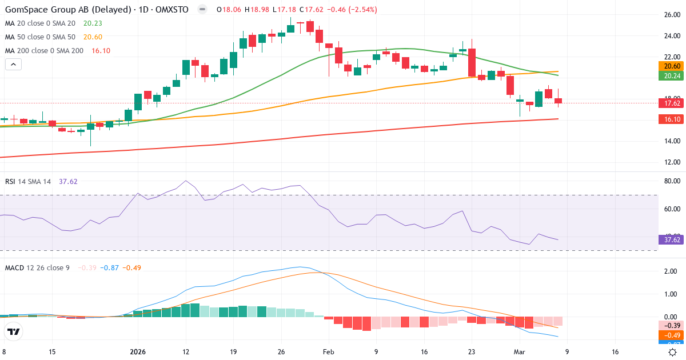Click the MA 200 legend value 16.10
101,50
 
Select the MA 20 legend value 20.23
93,23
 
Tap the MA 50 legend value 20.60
93,37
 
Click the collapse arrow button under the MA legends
13,65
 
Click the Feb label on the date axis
328,353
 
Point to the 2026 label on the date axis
138,353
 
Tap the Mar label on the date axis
519,353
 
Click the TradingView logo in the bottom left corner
14,331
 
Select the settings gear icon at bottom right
673,353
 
